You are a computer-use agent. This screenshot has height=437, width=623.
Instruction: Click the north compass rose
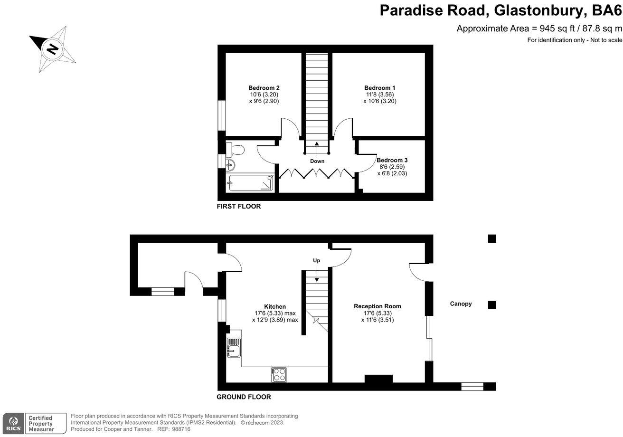tap(53, 49)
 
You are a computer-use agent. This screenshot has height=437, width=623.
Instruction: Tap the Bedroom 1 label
tap(379, 88)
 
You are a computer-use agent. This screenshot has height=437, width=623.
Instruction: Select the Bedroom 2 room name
tap(264, 88)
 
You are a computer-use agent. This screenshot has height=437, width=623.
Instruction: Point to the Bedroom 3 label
tap(392, 161)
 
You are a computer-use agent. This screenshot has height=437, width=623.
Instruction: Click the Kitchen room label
tap(275, 306)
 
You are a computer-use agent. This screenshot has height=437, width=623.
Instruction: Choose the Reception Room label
tap(377, 306)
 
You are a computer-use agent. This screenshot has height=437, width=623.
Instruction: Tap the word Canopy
tap(461, 304)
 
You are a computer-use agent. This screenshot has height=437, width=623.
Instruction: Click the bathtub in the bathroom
tap(251, 183)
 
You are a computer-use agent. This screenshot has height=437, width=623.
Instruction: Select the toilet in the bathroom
tap(235, 150)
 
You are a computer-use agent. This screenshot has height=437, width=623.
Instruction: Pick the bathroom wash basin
tap(230, 165)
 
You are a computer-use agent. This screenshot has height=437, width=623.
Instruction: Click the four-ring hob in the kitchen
tap(279, 374)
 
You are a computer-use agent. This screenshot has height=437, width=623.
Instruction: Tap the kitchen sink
tap(234, 348)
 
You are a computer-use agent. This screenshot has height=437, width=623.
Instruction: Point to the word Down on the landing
tap(317, 161)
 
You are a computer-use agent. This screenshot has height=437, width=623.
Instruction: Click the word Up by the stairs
tap(317, 261)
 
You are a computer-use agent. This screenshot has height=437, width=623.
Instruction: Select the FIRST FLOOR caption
tap(238, 207)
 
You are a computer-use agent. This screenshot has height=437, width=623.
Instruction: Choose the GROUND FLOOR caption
tap(244, 397)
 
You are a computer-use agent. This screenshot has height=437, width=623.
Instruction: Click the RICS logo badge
tap(12, 422)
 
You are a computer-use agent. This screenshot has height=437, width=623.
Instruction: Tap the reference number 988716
tap(180, 429)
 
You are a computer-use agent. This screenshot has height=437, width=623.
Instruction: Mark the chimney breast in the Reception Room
tap(378, 379)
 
